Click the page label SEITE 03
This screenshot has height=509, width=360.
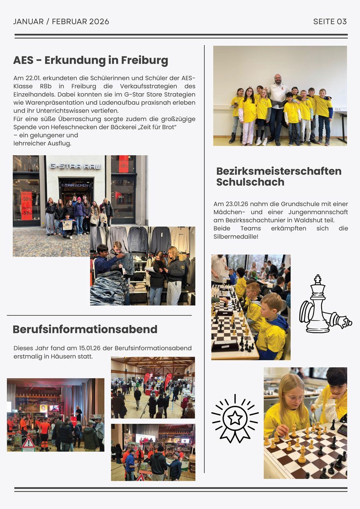(x=330, y=22)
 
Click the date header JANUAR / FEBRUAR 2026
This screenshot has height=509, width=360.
(x=61, y=22)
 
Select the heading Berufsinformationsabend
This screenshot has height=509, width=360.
(x=85, y=329)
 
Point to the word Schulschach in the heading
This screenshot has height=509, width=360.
(x=250, y=182)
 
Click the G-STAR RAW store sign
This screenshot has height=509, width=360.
(x=75, y=166)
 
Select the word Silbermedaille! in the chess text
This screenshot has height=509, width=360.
(x=236, y=237)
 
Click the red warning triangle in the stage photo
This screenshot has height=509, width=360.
(x=28, y=443)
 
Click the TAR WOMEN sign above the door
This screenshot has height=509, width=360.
(x=76, y=185)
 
